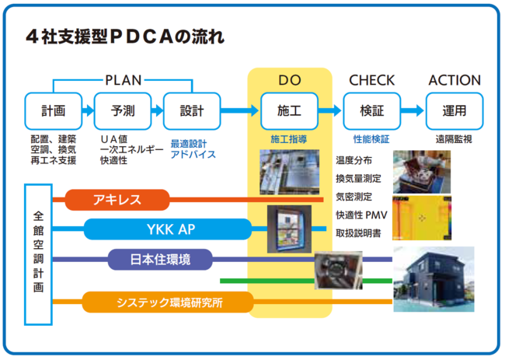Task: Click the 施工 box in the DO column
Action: (x=289, y=110)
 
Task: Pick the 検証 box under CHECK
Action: (x=371, y=110)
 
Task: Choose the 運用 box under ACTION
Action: (x=454, y=110)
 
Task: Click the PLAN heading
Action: (x=123, y=80)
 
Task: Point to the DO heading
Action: (x=289, y=80)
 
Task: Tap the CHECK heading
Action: (x=371, y=80)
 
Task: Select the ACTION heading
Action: (x=454, y=80)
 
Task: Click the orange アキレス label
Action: (x=117, y=200)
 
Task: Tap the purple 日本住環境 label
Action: (x=159, y=259)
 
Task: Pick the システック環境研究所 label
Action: (x=168, y=302)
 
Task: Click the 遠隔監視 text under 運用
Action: (x=454, y=139)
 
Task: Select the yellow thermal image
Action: (x=421, y=218)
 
